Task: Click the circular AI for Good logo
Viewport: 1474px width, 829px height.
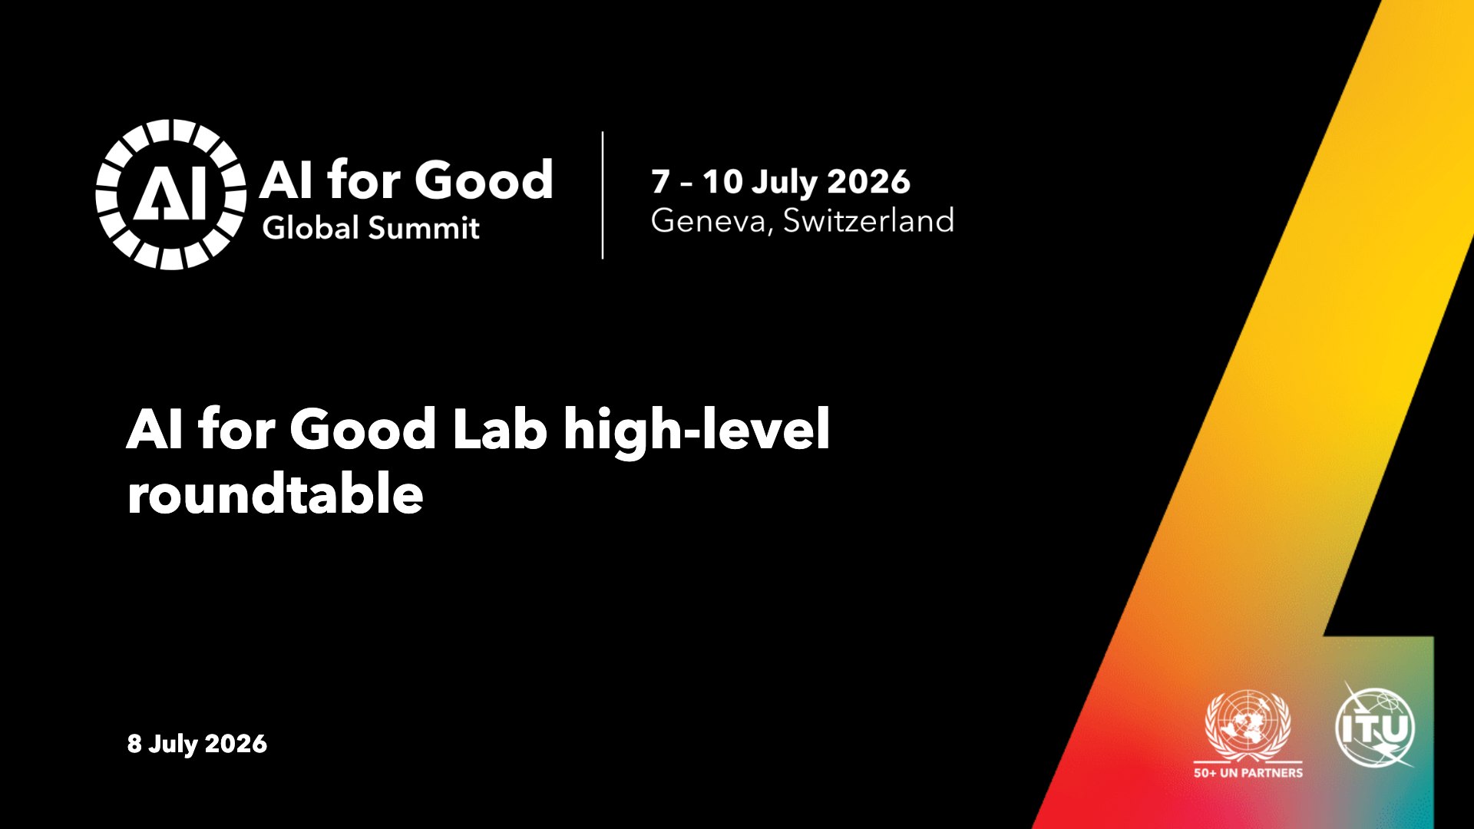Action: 170,194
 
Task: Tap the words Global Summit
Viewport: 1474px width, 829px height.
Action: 371,228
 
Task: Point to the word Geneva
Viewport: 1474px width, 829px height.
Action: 711,221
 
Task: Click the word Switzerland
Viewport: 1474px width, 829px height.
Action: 868,220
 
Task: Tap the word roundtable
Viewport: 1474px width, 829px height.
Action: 275,493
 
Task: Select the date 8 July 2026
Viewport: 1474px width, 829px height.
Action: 197,744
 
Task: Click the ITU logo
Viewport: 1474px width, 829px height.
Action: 1375,726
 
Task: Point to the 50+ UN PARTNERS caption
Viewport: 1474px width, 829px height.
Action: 1248,773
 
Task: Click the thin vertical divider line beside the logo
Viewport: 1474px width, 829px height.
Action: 603,195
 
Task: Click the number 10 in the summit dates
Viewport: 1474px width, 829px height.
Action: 722,182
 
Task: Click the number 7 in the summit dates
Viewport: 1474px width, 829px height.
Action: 660,182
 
